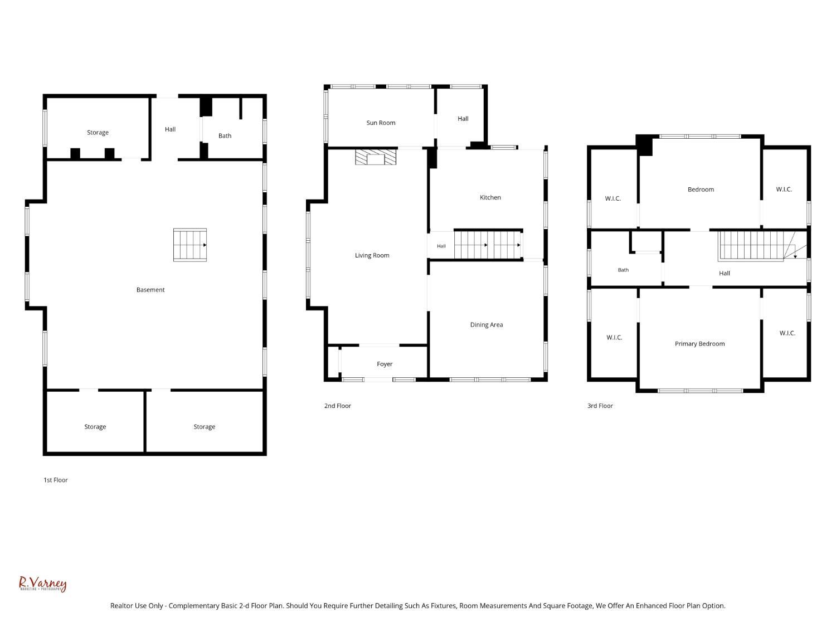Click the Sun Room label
[x=381, y=123]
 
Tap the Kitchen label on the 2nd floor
[x=490, y=197]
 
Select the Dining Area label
[x=487, y=325]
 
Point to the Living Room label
[x=372, y=255]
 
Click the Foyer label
[x=385, y=364]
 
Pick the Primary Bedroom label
[x=699, y=344]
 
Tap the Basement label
[x=150, y=290]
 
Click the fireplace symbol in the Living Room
[x=376, y=157]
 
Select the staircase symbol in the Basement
[x=190, y=245]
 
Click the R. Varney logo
[x=43, y=584]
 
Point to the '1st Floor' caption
[x=56, y=480]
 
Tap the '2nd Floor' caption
[x=337, y=406]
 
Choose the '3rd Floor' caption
[x=600, y=406]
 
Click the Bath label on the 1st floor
[x=225, y=136]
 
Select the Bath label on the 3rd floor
[x=623, y=270]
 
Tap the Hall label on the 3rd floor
[x=724, y=273]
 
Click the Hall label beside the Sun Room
[x=463, y=119]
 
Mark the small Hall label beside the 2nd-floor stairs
[x=441, y=246]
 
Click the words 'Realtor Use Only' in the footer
[x=137, y=606]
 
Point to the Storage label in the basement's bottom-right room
[x=204, y=427]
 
